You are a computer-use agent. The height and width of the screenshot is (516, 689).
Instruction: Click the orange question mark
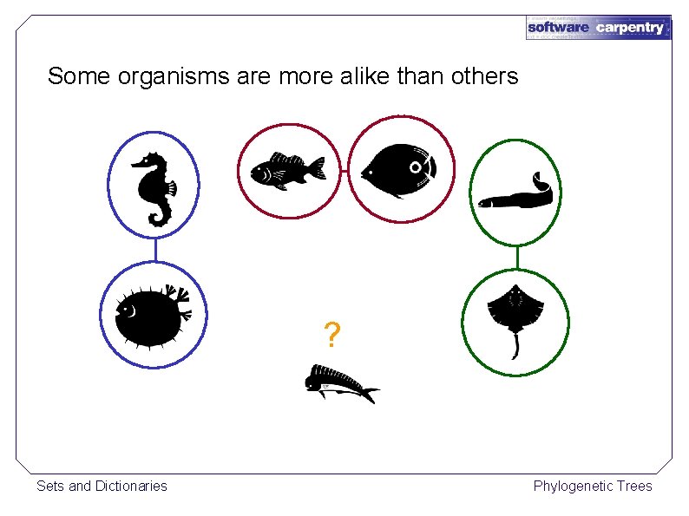(331, 335)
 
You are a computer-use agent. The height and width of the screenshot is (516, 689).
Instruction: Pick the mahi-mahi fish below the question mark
(339, 383)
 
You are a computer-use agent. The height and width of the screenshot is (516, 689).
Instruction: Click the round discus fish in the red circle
(398, 169)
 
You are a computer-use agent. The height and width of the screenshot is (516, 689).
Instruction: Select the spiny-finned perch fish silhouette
(286, 169)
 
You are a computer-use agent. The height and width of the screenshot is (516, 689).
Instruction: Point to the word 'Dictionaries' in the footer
(130, 486)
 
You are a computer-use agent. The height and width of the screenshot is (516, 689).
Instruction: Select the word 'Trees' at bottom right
(634, 486)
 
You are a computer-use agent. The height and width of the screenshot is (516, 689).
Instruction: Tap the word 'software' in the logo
(558, 28)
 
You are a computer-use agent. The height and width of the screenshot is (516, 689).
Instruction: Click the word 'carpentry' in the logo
(630, 28)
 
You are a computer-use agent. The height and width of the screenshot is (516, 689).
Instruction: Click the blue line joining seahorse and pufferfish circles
(154, 251)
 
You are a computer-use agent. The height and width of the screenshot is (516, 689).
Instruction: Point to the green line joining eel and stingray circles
(517, 257)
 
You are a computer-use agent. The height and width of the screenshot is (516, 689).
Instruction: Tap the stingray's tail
(515, 347)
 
